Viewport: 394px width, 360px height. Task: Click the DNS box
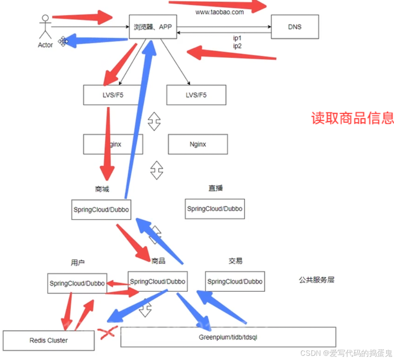[x=295, y=27]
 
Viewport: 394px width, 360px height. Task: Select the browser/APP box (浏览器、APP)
[x=153, y=27]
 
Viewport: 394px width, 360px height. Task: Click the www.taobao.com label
[x=219, y=13]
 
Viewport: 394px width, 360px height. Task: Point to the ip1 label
[x=237, y=38]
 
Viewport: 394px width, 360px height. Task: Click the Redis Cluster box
[x=49, y=341]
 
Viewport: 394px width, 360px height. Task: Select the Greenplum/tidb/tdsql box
[x=228, y=337]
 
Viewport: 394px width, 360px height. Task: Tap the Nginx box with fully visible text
[x=198, y=144]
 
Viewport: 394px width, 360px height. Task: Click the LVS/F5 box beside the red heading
[x=196, y=95]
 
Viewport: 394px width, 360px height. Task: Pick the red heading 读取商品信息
[x=352, y=118]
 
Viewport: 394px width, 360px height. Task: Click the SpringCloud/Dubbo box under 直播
[x=215, y=209]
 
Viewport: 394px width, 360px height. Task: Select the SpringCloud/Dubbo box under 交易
[x=235, y=282]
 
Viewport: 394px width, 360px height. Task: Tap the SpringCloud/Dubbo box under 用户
[x=77, y=283]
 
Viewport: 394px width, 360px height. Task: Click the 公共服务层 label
[x=317, y=280]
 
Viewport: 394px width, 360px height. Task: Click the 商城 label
[x=102, y=189]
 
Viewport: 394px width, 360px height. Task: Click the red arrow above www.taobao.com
[x=218, y=6]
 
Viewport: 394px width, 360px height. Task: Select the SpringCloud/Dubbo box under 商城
[x=101, y=210]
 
